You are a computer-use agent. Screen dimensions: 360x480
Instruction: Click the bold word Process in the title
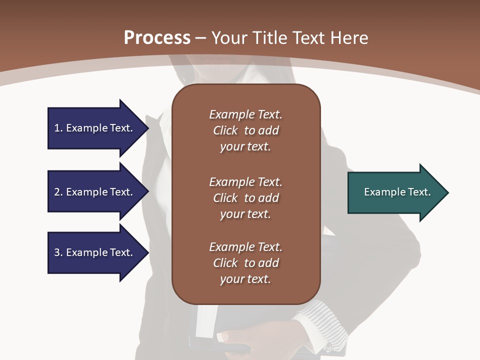click(157, 38)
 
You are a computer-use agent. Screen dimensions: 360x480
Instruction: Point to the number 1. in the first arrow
click(58, 128)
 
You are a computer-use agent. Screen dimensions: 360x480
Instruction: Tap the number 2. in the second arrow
click(58, 192)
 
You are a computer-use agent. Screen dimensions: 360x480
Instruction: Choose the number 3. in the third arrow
click(58, 252)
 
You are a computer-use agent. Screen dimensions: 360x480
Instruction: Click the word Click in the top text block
click(225, 130)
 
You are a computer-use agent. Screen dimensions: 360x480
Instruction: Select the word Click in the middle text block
click(225, 198)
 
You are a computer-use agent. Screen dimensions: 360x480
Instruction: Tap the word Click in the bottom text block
click(225, 263)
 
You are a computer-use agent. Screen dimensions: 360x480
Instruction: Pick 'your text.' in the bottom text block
click(245, 279)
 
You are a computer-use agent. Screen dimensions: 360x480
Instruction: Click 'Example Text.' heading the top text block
click(245, 114)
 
